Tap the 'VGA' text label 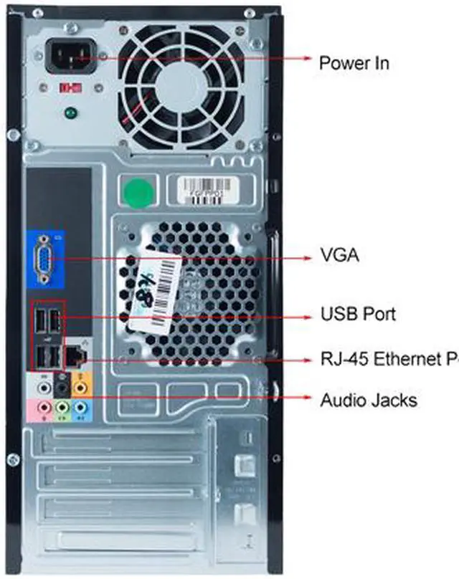pyautogui.click(x=339, y=254)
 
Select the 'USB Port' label pyautogui.click(x=357, y=314)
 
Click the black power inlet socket pyautogui.click(x=70, y=56)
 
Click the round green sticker pyautogui.click(x=138, y=191)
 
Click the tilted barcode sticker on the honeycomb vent pyautogui.click(x=154, y=282)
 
